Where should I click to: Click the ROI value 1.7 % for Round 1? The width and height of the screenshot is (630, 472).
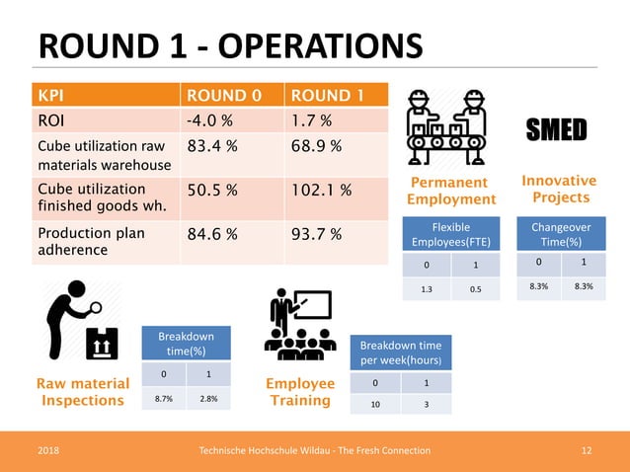point(311,120)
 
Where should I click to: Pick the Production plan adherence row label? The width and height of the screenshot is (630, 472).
point(91,242)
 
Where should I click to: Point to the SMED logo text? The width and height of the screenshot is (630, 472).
point(557,129)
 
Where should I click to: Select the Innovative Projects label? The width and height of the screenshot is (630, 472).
point(559,189)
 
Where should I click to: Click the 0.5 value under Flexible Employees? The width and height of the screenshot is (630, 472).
point(476,290)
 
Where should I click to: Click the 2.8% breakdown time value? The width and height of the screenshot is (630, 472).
point(208,400)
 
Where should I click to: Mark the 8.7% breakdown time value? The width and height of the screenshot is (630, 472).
point(165,400)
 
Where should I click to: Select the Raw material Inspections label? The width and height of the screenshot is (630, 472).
point(82,391)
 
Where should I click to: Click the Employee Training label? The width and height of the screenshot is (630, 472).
point(300,391)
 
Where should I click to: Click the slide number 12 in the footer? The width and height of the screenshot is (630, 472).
point(587,450)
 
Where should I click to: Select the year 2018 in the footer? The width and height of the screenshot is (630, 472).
point(48,450)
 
